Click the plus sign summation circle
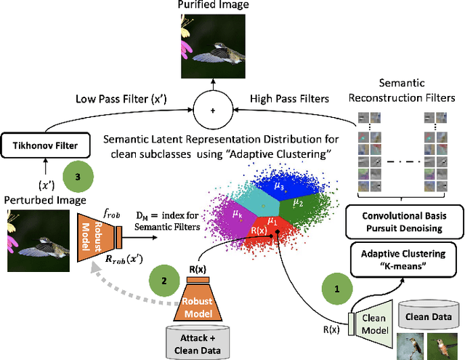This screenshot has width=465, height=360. click(x=212, y=111)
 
